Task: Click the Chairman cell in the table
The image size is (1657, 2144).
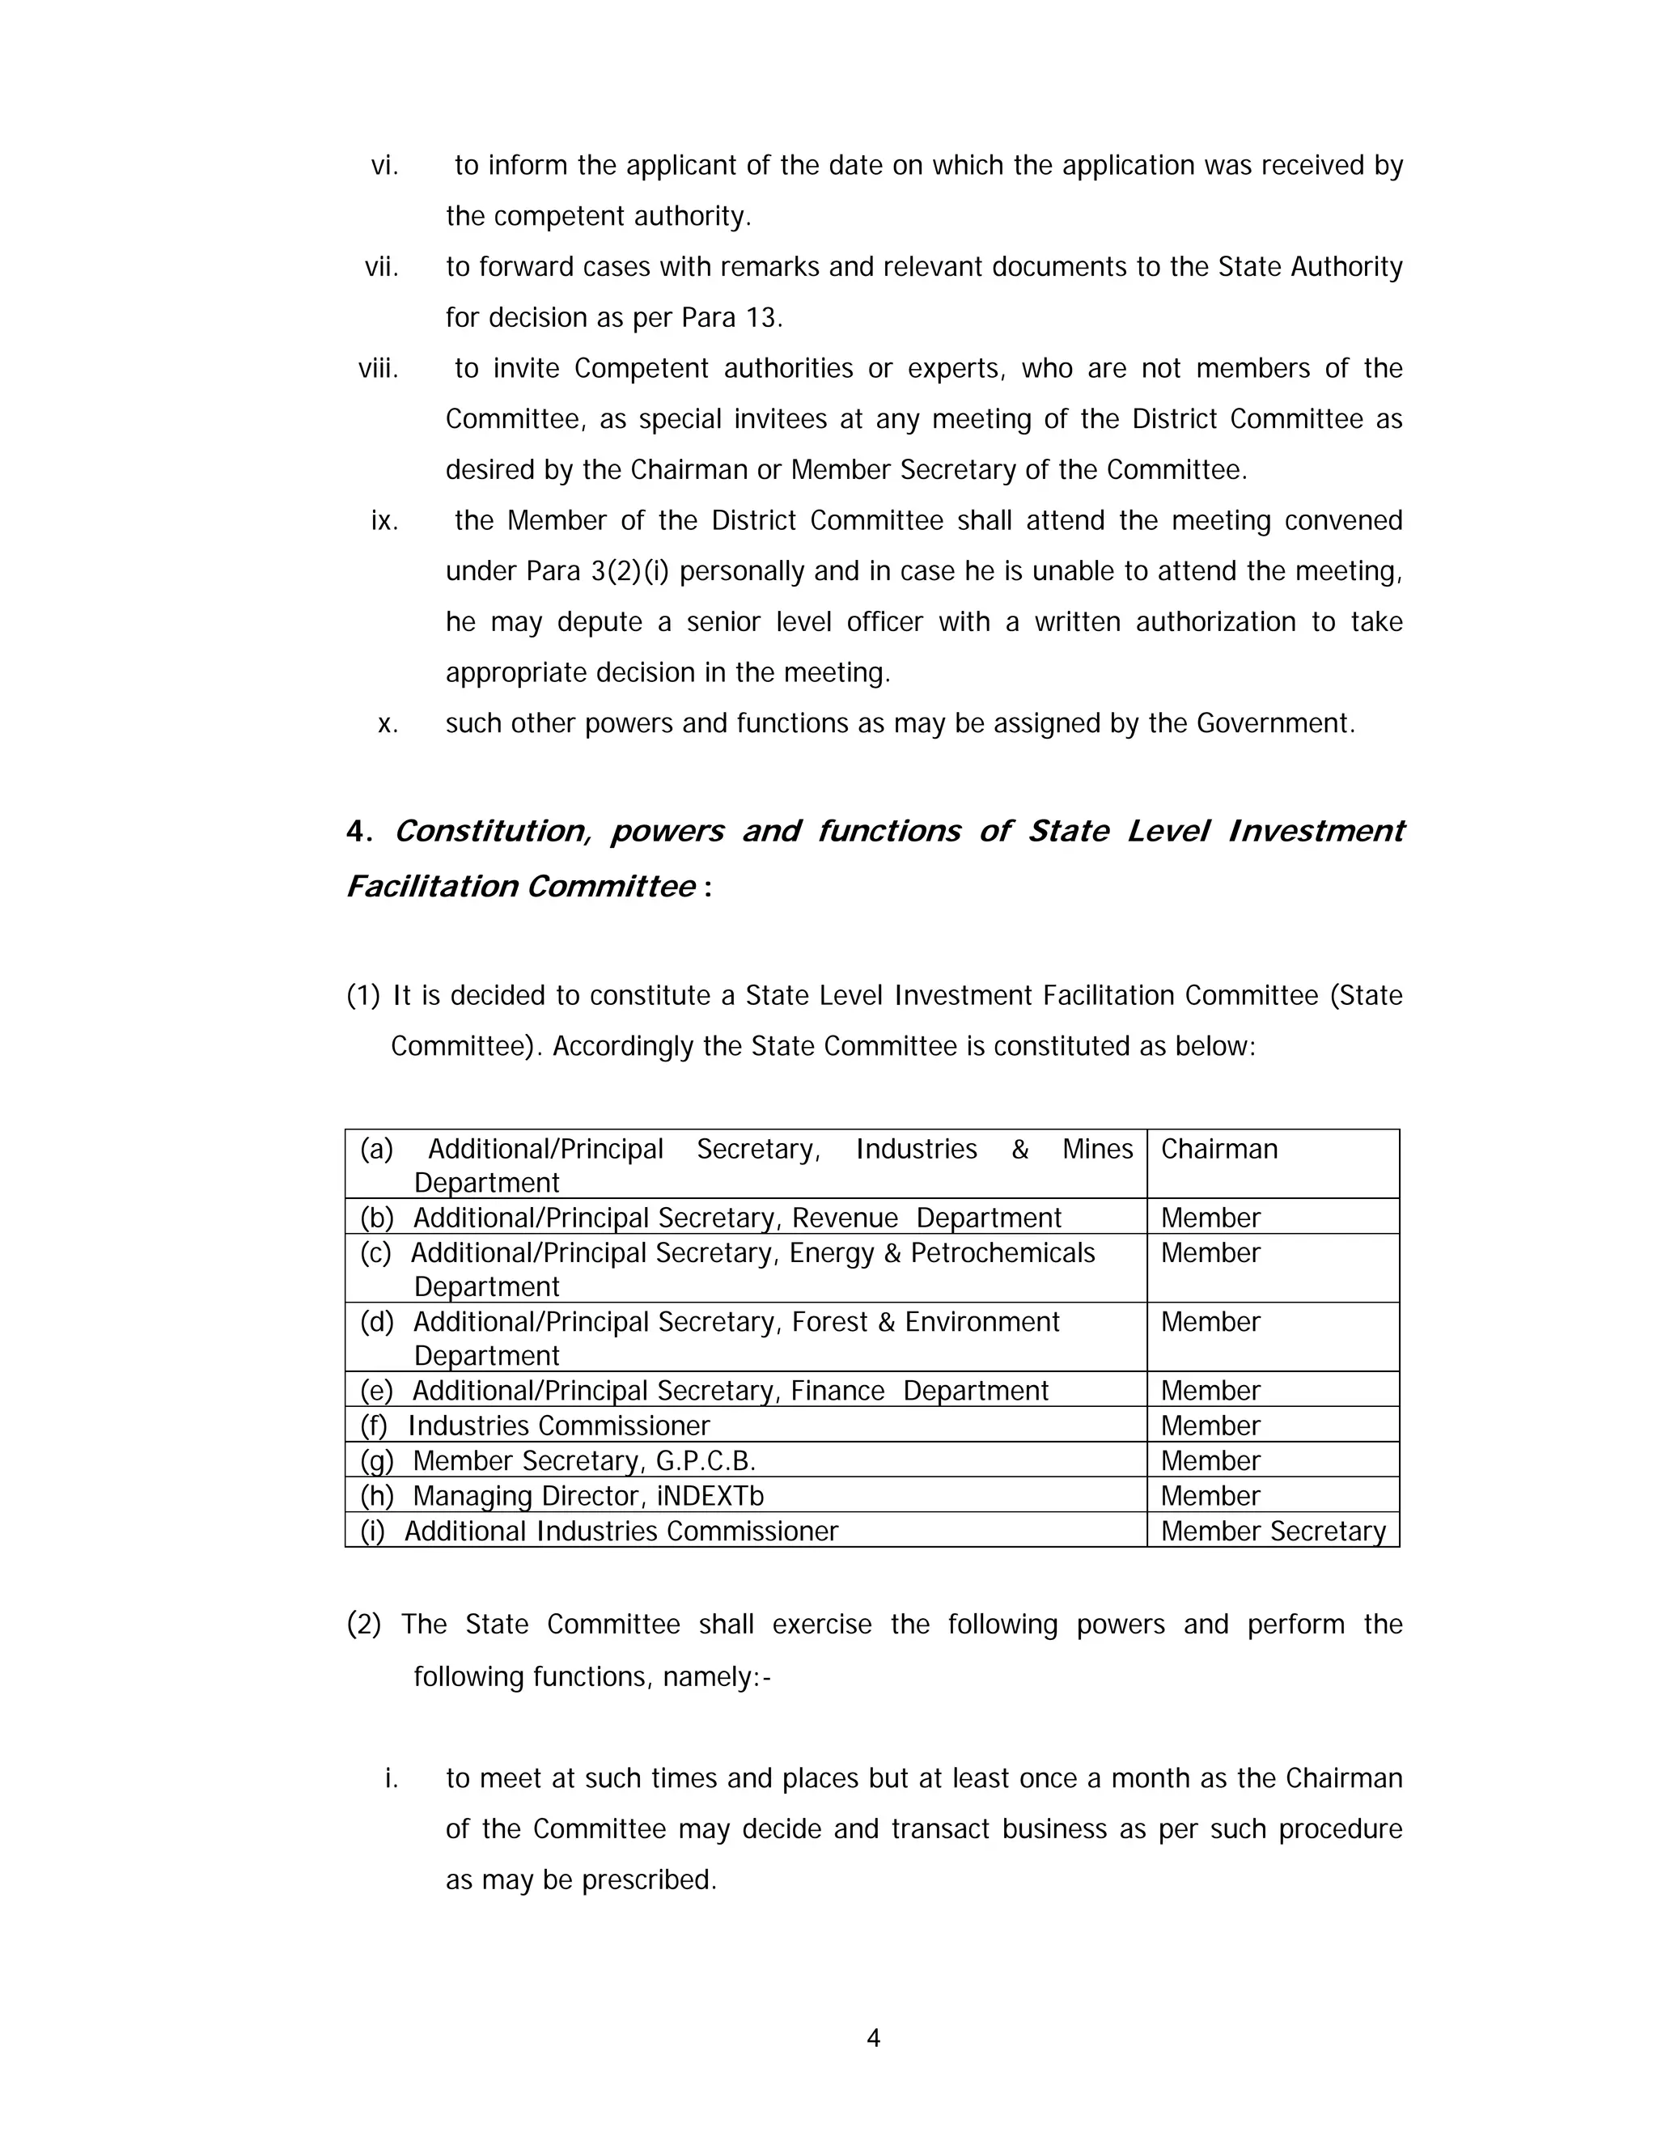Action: tap(1218, 1149)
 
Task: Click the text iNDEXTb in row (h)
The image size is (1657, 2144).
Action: tap(710, 1495)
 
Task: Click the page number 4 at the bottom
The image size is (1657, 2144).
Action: tap(873, 2038)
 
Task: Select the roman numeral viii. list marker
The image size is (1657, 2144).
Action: tap(378, 368)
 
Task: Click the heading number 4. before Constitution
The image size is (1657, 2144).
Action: tap(358, 832)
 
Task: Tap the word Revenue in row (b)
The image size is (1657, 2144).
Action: tap(844, 1218)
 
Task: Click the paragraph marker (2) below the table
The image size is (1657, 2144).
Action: tap(363, 1624)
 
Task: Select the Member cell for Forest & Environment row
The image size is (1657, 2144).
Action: tap(1210, 1322)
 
